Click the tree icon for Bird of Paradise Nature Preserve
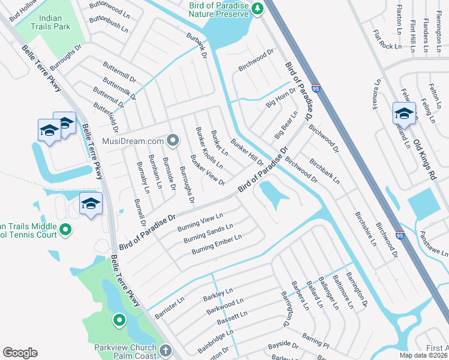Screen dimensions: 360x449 coord(257,8)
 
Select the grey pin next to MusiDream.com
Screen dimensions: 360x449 coord(173,141)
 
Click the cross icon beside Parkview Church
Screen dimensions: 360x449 coord(166,350)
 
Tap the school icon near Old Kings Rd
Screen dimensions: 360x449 coord(404,113)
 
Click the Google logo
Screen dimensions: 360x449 coord(20,353)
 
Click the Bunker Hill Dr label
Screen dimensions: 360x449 coord(247,153)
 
